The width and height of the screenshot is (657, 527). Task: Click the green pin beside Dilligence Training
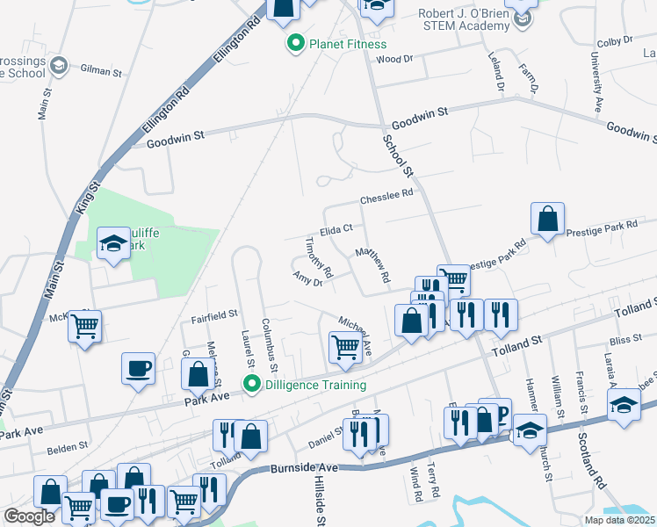[x=253, y=384]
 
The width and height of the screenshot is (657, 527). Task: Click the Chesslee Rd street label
[x=386, y=197]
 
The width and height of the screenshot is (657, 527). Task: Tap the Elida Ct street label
[x=336, y=228]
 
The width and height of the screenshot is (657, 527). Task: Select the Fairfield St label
[x=215, y=313]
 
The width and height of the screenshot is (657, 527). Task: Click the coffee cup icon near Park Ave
[x=139, y=369]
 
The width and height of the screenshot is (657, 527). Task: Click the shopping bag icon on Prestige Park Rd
[x=547, y=219]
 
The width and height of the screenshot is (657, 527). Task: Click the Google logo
[x=29, y=516]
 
